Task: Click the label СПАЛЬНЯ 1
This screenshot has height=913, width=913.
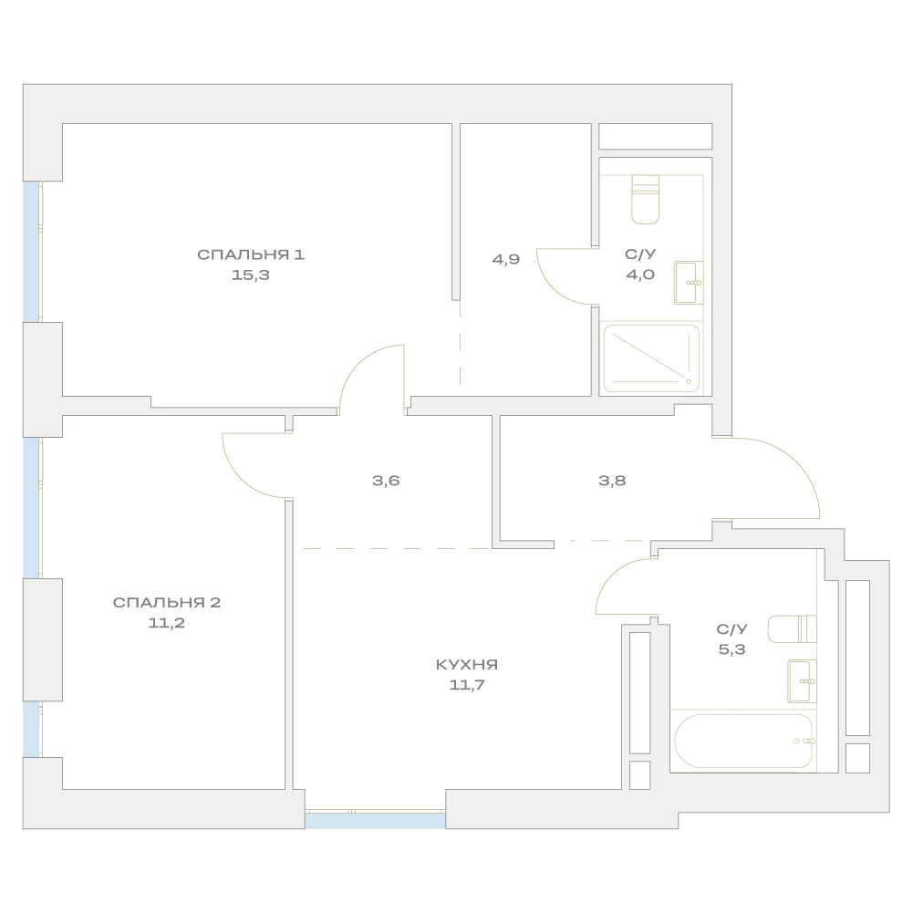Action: (x=251, y=254)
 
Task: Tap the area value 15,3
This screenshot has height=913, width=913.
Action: (x=251, y=275)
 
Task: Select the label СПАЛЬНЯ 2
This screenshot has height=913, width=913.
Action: (x=167, y=602)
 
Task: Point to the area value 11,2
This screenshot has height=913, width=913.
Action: (x=167, y=622)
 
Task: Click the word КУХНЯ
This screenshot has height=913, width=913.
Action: (x=466, y=664)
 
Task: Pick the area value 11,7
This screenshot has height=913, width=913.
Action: (x=466, y=685)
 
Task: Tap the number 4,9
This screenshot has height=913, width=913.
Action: (x=505, y=260)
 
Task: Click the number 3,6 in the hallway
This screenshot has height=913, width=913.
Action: (x=386, y=481)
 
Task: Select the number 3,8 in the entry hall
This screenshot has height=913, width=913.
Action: (x=612, y=481)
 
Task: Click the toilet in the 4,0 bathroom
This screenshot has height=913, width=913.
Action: (x=645, y=199)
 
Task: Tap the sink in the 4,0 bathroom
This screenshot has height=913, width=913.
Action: (x=689, y=283)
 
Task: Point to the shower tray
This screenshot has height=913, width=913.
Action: (x=651, y=358)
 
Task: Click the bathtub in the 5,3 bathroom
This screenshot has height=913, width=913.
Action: (x=743, y=742)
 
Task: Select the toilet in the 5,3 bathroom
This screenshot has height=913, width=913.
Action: (x=792, y=628)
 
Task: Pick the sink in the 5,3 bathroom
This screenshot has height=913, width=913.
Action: (x=802, y=681)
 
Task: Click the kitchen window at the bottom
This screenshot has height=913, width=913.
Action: (x=375, y=819)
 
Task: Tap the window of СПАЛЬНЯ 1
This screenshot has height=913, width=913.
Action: (x=32, y=252)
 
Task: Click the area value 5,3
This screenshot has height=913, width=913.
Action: (x=731, y=649)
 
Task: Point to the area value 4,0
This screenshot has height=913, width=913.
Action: (x=640, y=275)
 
